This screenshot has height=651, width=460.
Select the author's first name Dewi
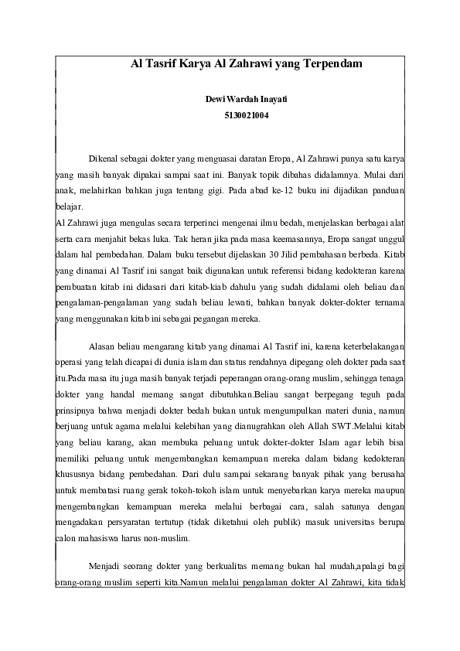point(215,101)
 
